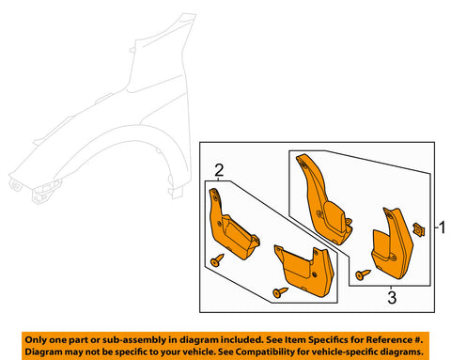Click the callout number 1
click(442, 227)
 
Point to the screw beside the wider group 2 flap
click(279, 294)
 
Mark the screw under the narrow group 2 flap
click(217, 260)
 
